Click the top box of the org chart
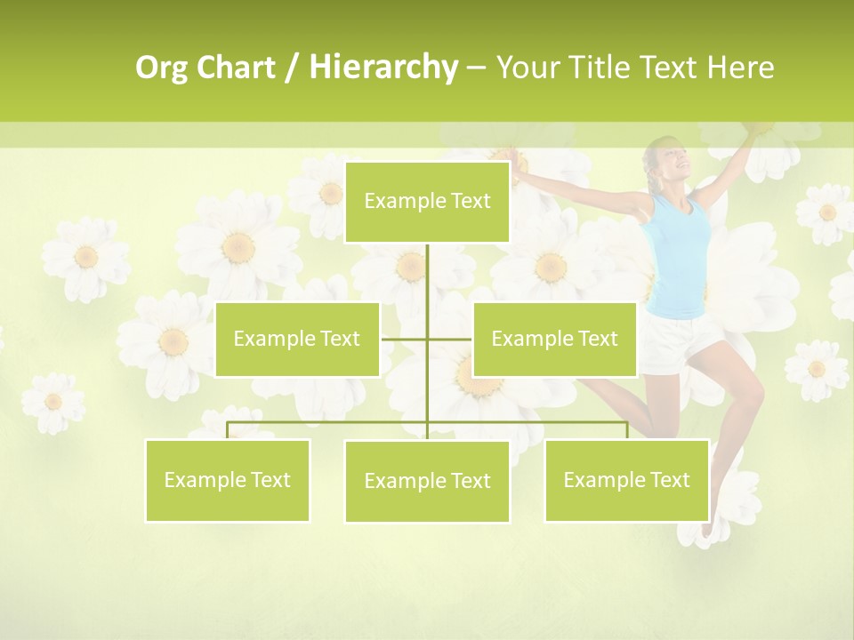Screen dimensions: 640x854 (427, 202)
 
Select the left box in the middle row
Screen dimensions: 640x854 (297, 339)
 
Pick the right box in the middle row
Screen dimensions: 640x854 (554, 339)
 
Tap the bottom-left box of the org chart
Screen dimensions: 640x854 (228, 480)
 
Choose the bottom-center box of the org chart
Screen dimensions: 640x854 (427, 481)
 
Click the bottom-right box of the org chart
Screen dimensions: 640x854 (626, 480)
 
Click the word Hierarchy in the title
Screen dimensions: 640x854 (383, 68)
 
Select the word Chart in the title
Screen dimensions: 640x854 (237, 68)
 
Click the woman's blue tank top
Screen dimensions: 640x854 (681, 258)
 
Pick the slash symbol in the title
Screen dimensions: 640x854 (291, 68)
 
